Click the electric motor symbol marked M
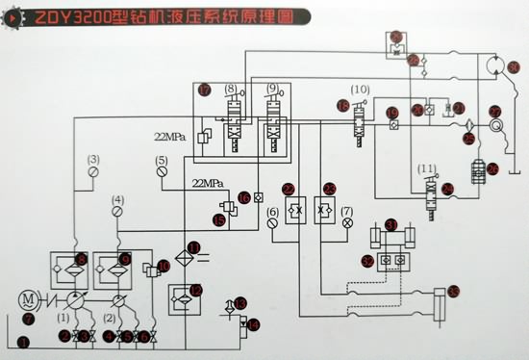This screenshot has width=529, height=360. pos(28,299)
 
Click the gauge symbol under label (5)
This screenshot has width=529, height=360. pos(161,175)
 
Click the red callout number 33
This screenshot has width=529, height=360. pos(452,294)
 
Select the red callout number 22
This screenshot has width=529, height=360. pos(287,189)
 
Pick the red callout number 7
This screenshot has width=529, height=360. pos(28,319)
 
